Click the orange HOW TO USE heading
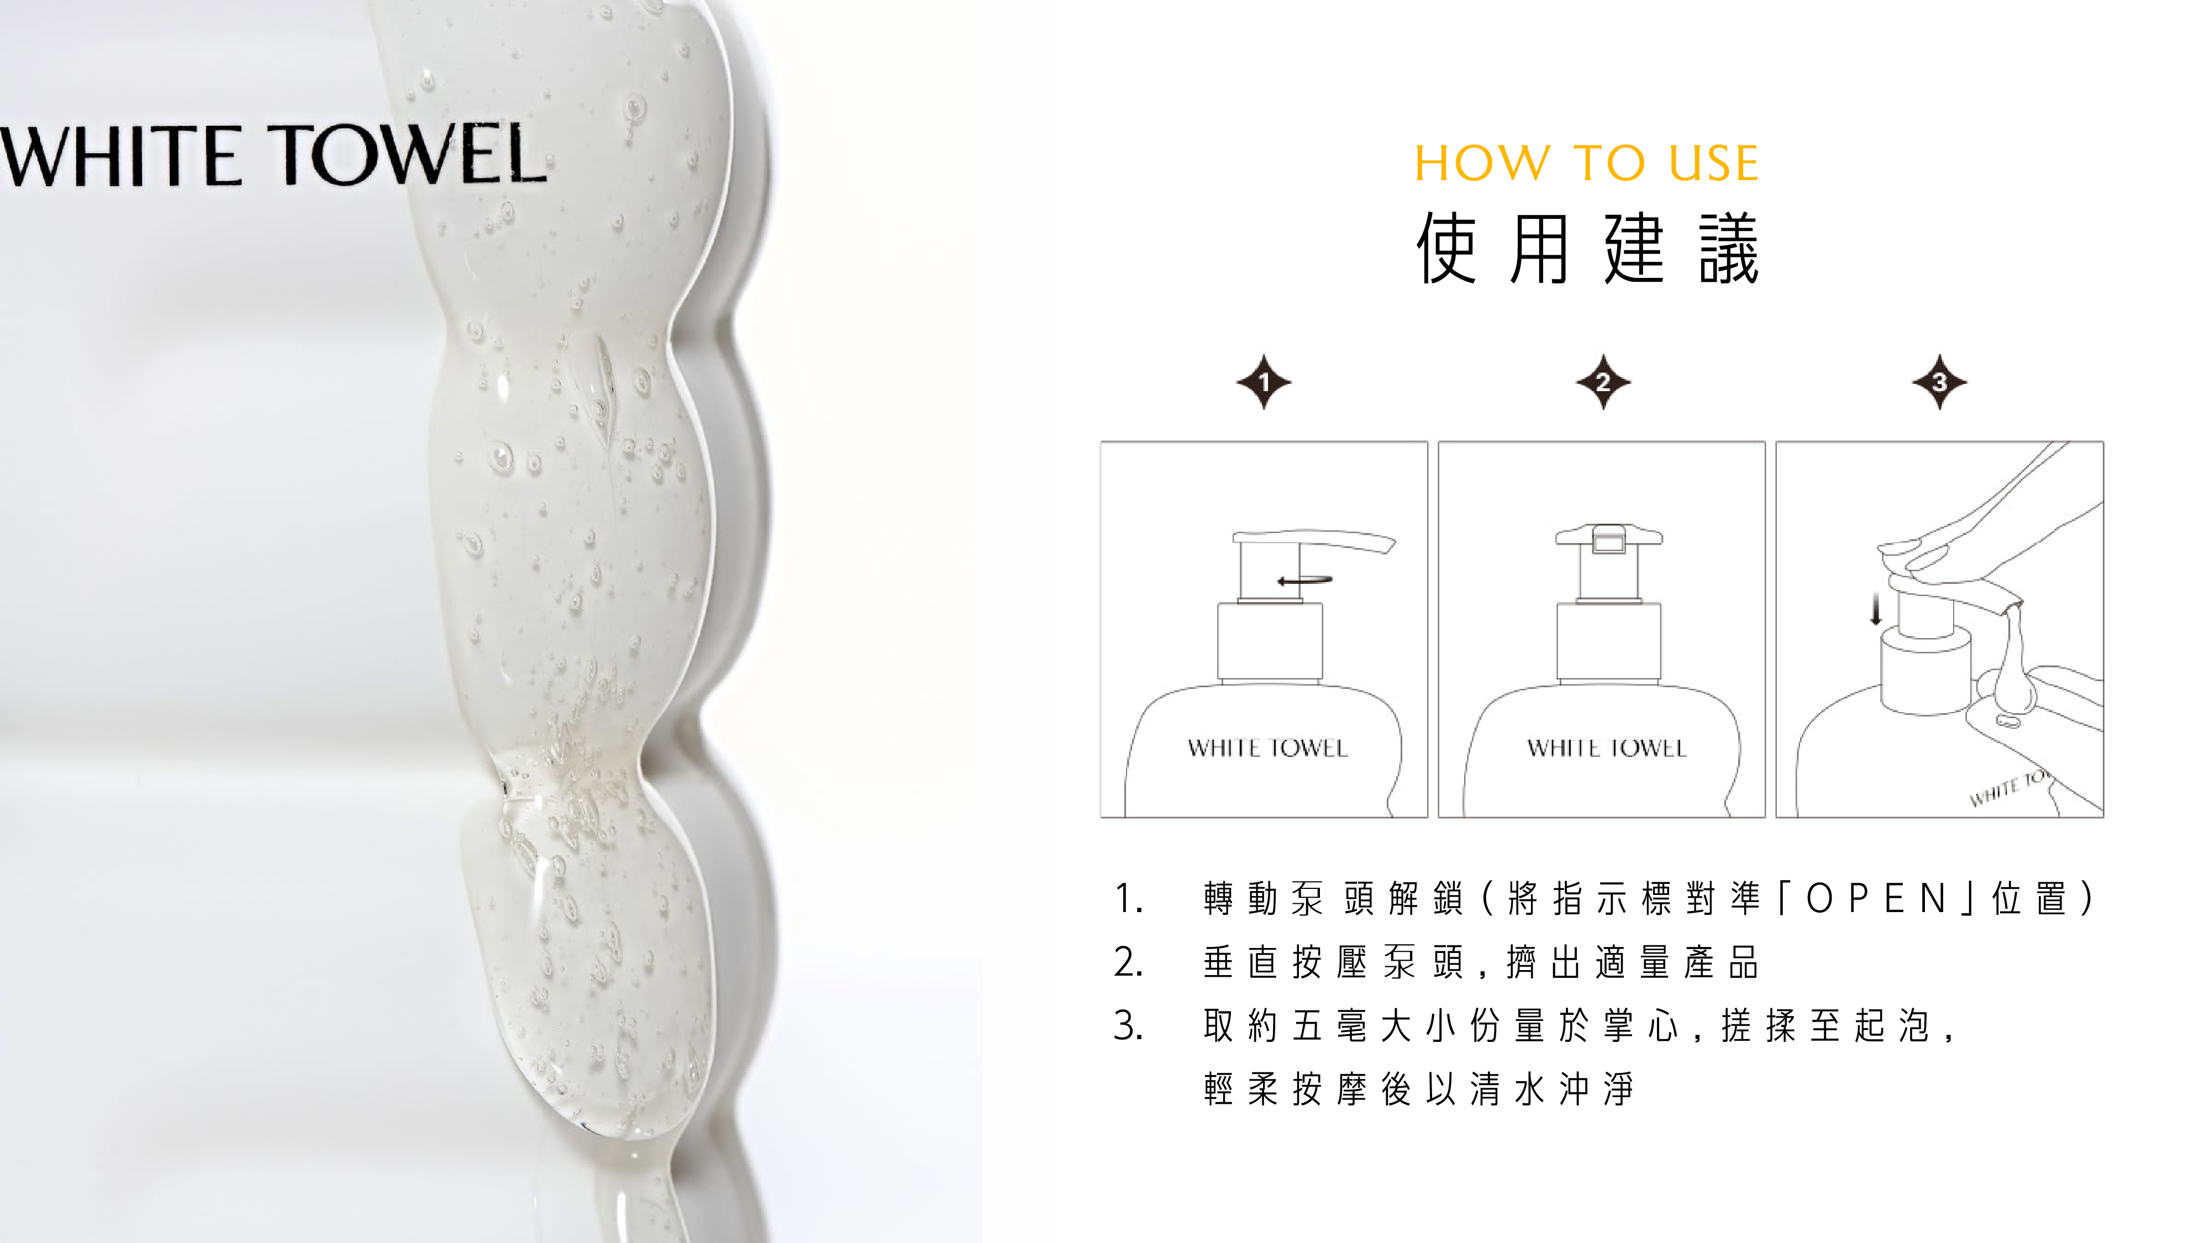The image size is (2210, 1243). (1586, 163)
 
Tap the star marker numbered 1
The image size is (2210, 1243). (1264, 382)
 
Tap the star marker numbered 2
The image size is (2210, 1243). (1603, 382)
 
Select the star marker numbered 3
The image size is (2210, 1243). (1940, 382)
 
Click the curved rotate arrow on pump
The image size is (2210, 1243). (1304, 581)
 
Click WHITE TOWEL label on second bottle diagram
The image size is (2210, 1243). (1607, 748)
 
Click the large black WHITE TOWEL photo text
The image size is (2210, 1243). (273, 155)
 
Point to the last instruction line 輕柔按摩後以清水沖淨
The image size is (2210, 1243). (1419, 1089)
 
